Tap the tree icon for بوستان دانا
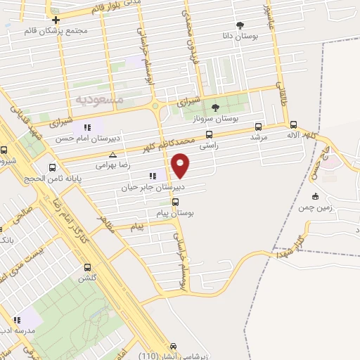point(240,26)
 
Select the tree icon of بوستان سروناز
point(214,107)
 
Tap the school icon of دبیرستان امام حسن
point(87,127)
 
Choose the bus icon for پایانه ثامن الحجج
point(52,167)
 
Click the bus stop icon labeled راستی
point(209,135)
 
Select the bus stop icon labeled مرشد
point(258,127)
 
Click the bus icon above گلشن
point(87,267)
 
